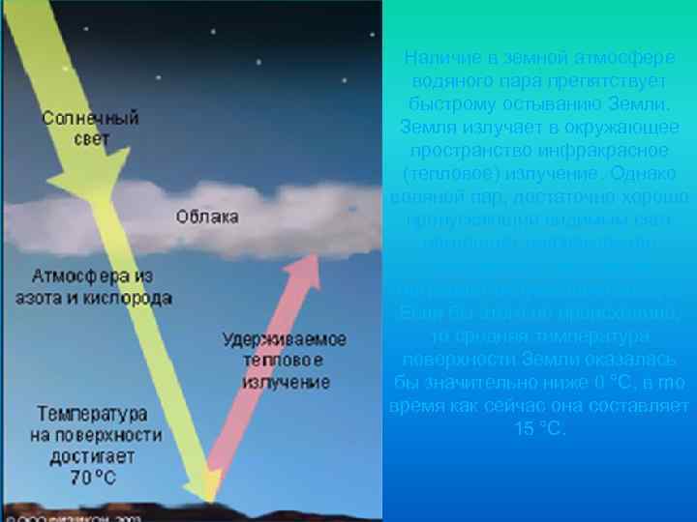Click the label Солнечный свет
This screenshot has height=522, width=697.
[x=90, y=128]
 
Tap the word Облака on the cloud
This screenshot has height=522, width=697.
[x=207, y=217]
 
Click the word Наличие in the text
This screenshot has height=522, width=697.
[x=439, y=58]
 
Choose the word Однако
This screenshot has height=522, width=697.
[x=623, y=174]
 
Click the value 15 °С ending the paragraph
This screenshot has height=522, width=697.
[x=540, y=428]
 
